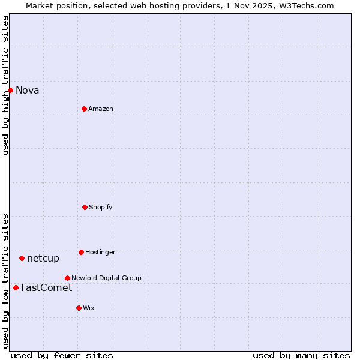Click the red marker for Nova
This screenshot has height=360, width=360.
point(10,90)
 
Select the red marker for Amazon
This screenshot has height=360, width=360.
point(84,109)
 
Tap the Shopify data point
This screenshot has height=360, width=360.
point(85,207)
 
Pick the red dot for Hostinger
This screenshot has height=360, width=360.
point(81,252)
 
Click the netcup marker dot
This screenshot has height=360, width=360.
point(22,258)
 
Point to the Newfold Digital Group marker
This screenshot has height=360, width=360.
point(67,278)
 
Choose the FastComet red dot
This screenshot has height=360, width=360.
point(16,287)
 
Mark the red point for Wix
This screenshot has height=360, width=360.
point(79,308)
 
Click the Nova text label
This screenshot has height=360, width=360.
point(28,91)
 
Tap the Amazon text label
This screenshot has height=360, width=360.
point(101,109)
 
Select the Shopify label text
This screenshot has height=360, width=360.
point(101,208)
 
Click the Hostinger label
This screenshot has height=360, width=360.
point(100,253)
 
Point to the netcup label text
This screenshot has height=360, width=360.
point(43,259)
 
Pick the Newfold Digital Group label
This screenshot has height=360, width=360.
point(106,278)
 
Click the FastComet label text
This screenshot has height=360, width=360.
point(46,288)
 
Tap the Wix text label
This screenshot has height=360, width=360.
point(89,308)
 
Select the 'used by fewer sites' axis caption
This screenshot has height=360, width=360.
point(62,355)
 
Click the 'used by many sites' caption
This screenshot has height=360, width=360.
point(301,355)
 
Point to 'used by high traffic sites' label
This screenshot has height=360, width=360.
point(5,85)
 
